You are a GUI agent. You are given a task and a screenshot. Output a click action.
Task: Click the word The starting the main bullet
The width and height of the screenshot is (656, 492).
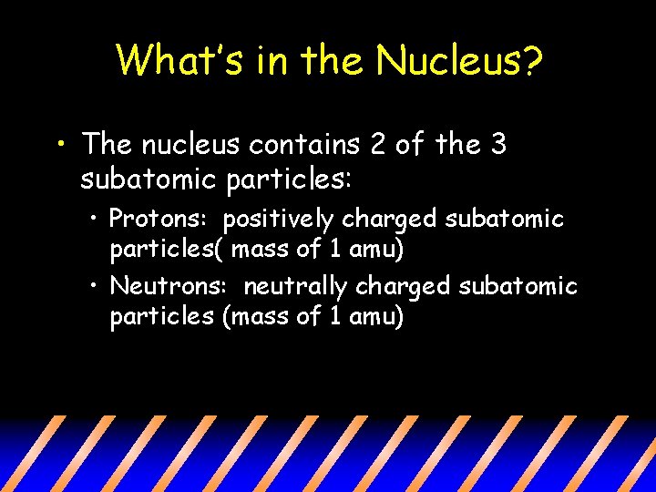click(108, 144)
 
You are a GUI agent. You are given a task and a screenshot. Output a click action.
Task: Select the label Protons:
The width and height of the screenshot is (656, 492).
click(159, 220)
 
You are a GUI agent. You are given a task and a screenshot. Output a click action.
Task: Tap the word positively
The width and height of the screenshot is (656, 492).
click(278, 220)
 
